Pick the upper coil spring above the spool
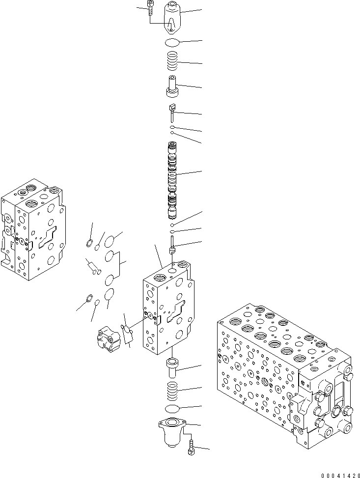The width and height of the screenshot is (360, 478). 172,62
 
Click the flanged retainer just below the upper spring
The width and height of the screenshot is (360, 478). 172,86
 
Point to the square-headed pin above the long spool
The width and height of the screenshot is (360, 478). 172,112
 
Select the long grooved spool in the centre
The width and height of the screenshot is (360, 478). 173,179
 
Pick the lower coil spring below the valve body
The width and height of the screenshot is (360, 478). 172,391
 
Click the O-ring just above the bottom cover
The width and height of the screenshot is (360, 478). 172,409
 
